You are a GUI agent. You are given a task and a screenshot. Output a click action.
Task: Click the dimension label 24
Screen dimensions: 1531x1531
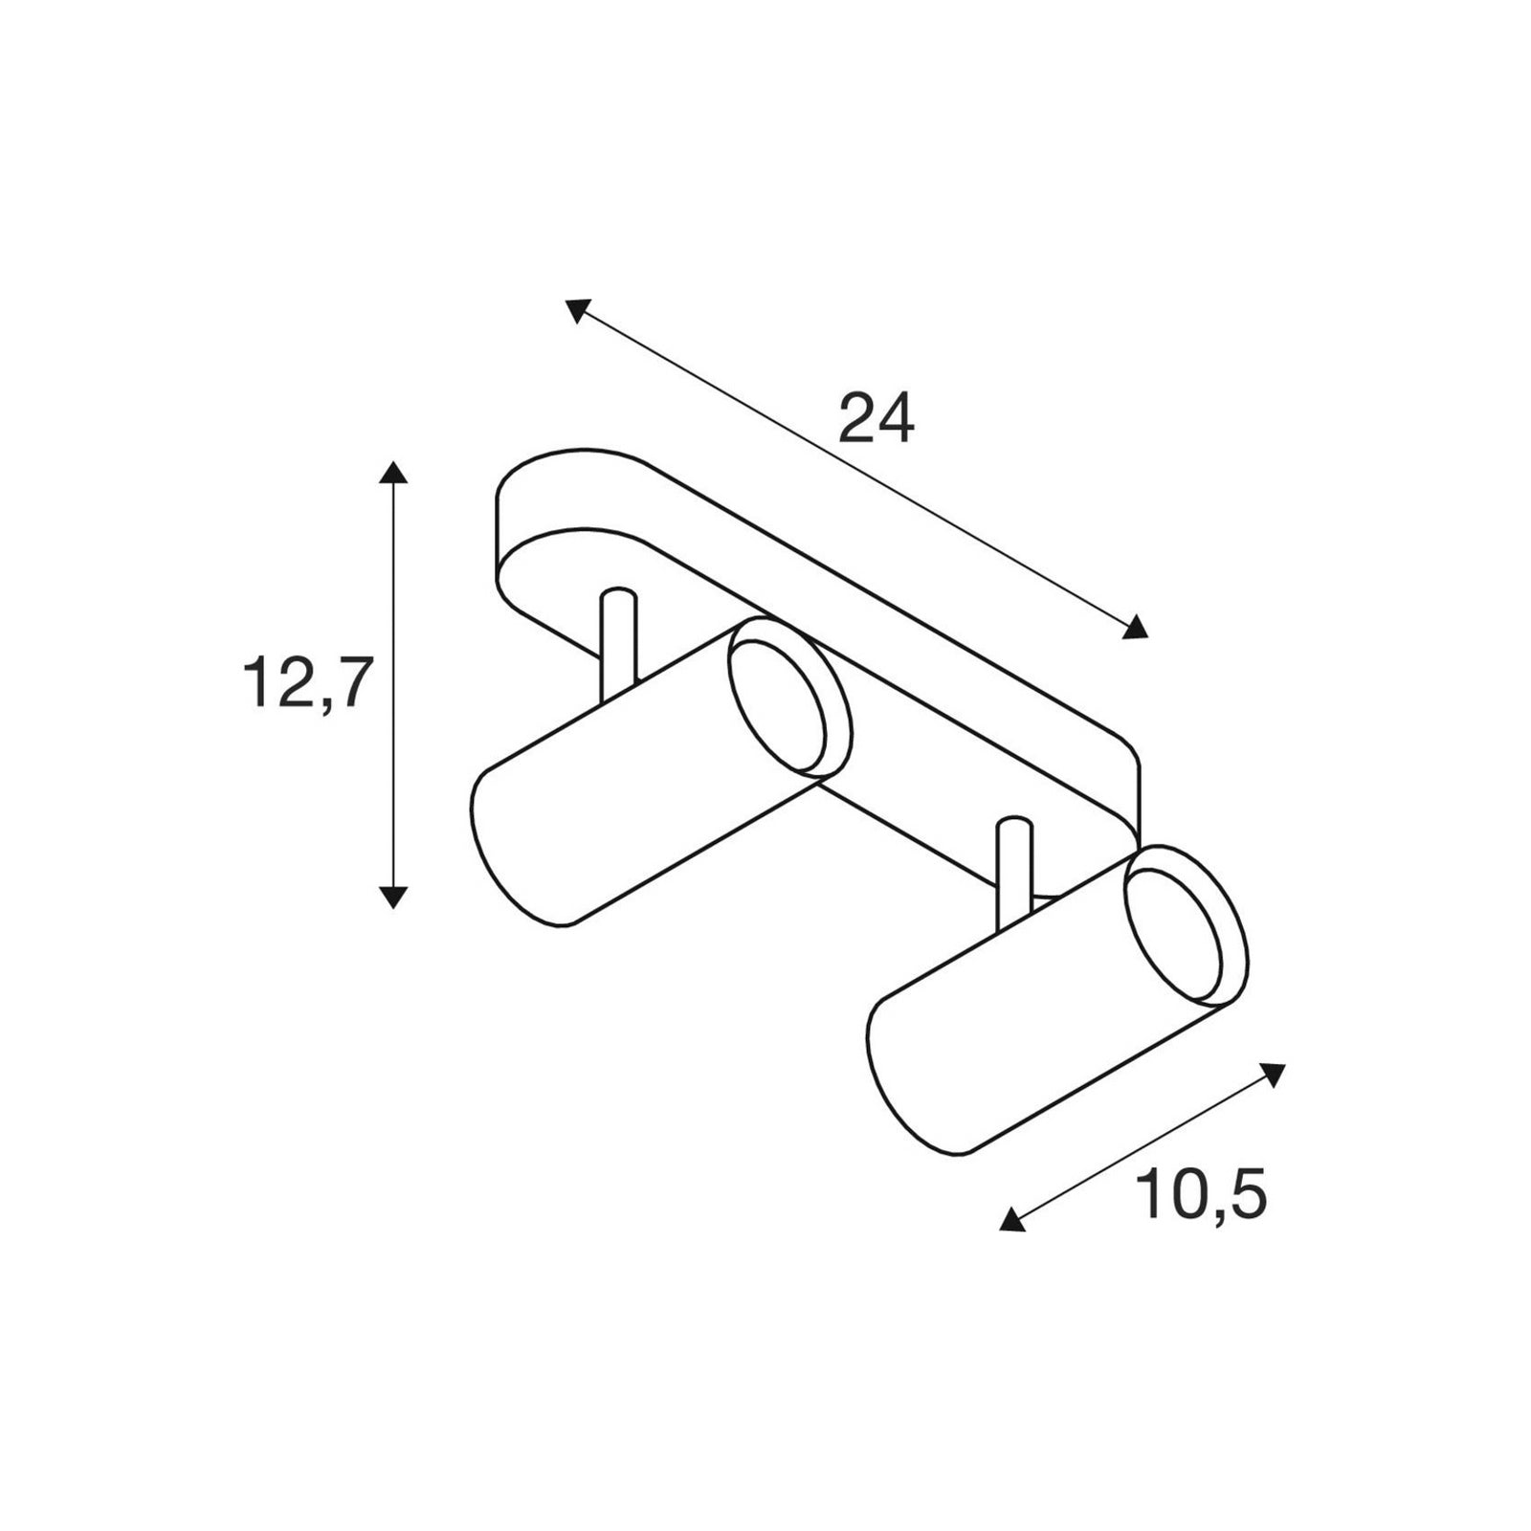coord(876,418)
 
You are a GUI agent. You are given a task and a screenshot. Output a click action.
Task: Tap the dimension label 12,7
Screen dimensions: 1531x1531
coord(305,684)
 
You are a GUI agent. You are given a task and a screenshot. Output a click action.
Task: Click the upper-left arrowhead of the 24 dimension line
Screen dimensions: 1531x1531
coord(577,310)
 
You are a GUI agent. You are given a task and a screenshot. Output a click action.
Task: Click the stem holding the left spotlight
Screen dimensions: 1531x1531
coord(618,645)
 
